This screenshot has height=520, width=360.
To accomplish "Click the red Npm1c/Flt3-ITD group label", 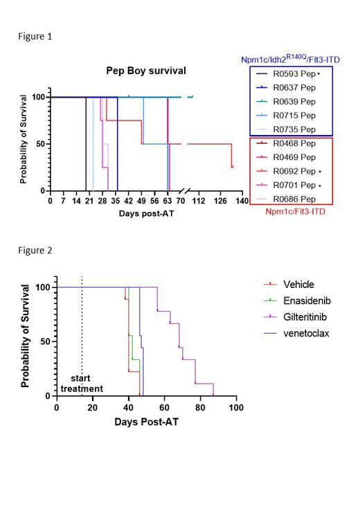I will coord(296,212).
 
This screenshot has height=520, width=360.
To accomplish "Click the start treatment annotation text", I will coord(82,384).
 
